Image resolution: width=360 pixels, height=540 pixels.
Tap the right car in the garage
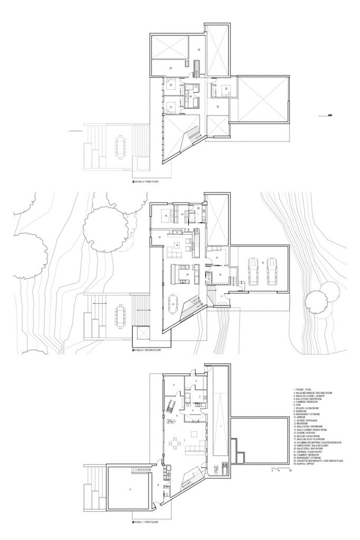coord(272,271)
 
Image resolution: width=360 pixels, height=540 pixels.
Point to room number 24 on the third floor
coord(199,50)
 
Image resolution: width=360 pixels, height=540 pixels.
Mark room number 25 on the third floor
coord(218,106)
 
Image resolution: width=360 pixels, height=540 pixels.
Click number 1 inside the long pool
coord(220,425)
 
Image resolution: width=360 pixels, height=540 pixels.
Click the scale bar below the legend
coord(277,468)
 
